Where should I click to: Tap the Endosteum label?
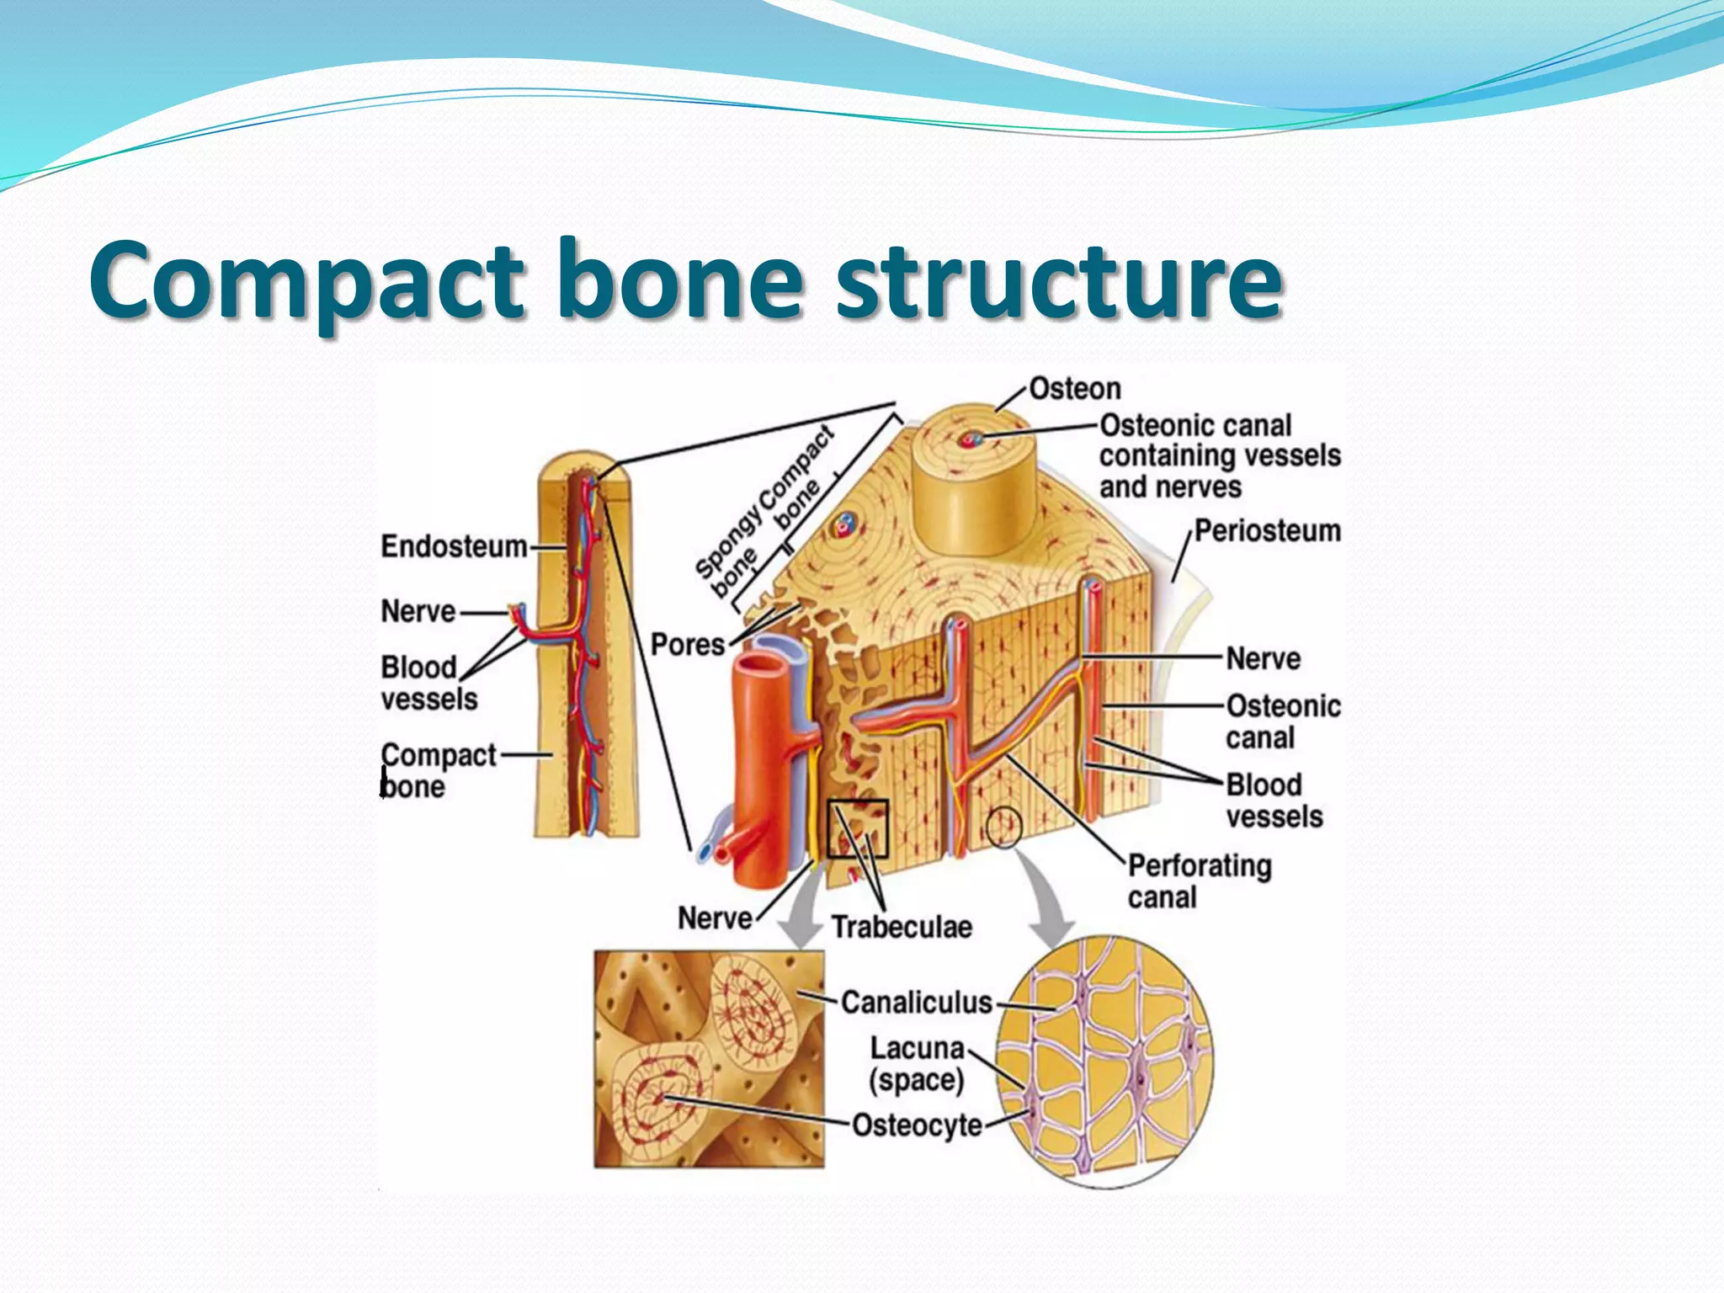pos(454,546)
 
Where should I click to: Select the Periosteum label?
pos(1267,531)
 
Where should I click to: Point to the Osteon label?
pos(1075,389)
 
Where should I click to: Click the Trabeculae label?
pos(902,927)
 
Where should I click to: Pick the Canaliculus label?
pos(917,1003)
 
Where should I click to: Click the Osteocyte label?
pos(917,1125)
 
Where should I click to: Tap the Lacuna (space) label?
pos(917,1064)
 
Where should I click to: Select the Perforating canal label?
pos(1199,881)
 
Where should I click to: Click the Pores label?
pos(687,645)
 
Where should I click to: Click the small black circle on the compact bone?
pos(1004,827)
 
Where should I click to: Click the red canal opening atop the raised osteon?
pos(974,439)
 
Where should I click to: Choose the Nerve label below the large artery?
pos(715,918)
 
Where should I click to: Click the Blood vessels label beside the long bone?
pos(428,683)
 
